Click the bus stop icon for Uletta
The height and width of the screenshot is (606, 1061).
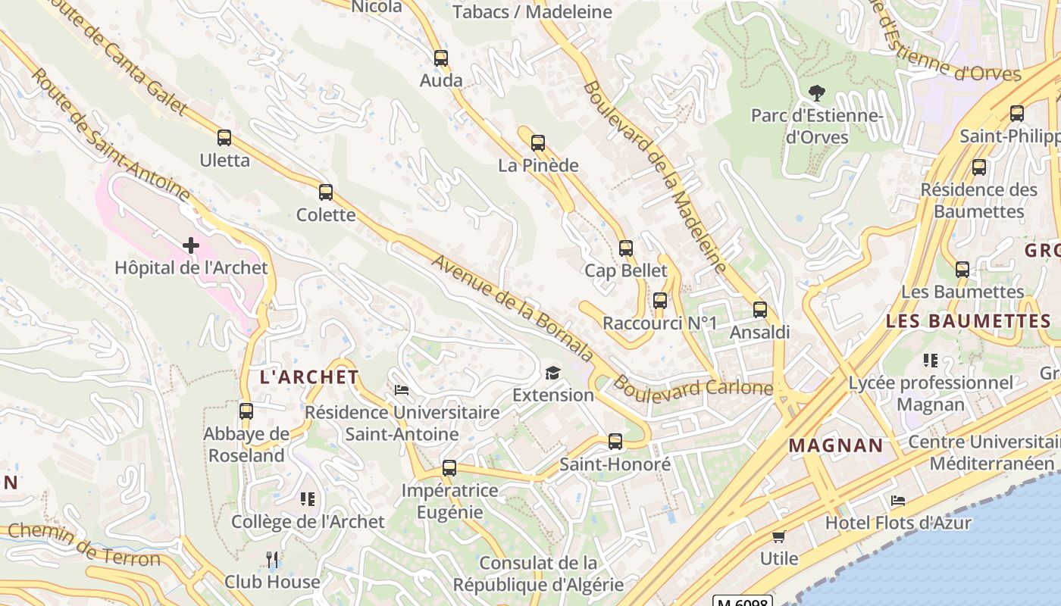(224, 138)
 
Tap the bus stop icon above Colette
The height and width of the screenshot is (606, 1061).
(326, 192)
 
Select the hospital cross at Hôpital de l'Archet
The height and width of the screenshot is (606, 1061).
(191, 245)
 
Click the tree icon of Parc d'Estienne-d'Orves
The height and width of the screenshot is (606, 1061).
(816, 93)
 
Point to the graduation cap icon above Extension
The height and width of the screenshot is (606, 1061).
(552, 373)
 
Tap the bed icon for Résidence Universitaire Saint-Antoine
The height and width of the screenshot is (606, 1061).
(402, 390)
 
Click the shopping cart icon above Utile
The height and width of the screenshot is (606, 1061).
(778, 536)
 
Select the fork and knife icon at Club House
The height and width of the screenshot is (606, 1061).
(273, 560)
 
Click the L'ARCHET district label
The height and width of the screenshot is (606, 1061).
(309, 377)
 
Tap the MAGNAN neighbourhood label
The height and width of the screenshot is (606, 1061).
(836, 445)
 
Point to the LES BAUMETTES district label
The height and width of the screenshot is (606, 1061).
(968, 321)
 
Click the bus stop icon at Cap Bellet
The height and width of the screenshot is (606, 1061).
(626, 248)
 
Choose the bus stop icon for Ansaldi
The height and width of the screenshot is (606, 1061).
(760, 310)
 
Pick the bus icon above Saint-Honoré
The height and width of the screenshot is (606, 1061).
(615, 442)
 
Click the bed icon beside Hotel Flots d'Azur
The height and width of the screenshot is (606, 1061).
(898, 501)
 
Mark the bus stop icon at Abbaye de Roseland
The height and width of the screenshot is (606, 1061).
(246, 411)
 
